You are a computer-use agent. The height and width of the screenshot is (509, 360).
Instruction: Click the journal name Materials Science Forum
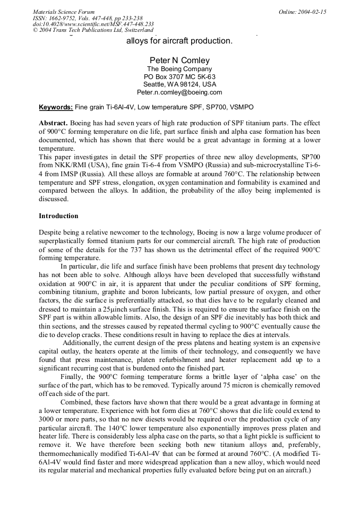tap(64, 12)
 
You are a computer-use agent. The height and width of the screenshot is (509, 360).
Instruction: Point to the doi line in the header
tap(93, 24)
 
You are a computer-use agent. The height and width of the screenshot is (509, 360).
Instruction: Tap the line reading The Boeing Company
tap(179, 69)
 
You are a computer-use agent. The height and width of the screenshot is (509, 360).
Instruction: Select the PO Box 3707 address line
tap(179, 76)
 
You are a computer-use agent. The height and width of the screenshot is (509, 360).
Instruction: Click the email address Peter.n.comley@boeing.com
tap(179, 92)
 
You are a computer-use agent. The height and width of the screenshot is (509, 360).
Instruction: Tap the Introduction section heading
tap(58, 216)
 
